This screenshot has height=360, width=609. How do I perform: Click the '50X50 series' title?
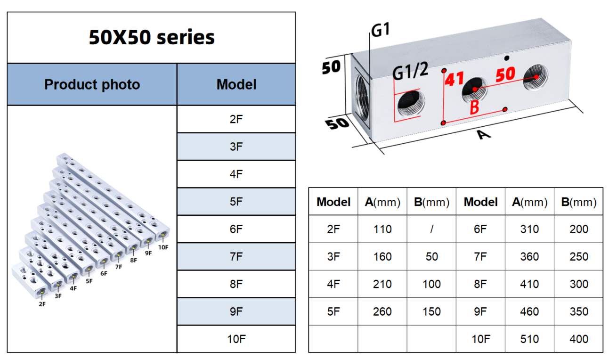(152, 37)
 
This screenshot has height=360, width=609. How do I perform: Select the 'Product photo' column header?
(92, 85)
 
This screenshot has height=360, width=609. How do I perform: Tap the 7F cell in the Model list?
(236, 257)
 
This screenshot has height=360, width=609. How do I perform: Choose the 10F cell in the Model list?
(236, 339)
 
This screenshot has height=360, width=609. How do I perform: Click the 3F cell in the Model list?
(236, 147)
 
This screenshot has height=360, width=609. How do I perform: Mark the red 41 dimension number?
(455, 79)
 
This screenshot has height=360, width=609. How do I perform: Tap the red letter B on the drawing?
(474, 107)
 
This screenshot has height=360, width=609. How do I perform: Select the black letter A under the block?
(483, 135)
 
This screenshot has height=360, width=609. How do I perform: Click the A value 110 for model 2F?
(382, 229)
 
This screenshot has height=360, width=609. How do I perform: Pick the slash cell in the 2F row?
(431, 229)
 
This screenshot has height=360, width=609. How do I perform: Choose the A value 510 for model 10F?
(529, 339)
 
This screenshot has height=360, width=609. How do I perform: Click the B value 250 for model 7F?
(578, 257)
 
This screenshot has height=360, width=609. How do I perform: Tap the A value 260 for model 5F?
(382, 311)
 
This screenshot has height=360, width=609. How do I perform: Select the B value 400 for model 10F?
(578, 339)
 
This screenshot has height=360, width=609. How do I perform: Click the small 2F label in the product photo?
(42, 304)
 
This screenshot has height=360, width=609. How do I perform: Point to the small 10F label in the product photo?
(163, 247)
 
